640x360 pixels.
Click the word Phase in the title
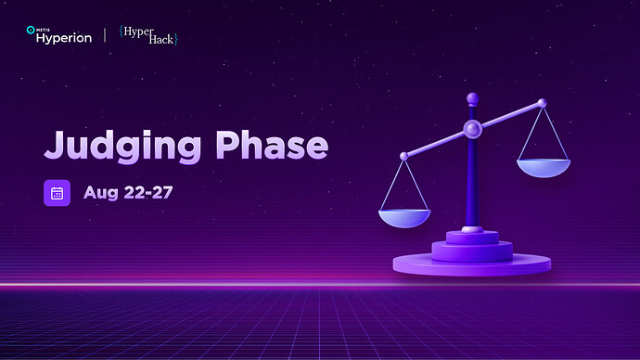[x=272, y=145]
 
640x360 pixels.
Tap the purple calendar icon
[x=57, y=193]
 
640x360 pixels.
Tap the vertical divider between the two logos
[x=104, y=34]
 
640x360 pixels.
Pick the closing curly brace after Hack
[x=175, y=40]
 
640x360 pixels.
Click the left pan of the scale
[x=404, y=217]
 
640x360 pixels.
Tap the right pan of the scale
[x=544, y=168]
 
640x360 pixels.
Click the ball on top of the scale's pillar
[x=472, y=96]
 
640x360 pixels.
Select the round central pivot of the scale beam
[x=472, y=127]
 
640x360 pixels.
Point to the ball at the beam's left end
[x=403, y=156]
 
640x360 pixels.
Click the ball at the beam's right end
[x=543, y=103]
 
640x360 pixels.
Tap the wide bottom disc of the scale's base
[x=472, y=264]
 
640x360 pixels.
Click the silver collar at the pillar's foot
[x=472, y=228]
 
